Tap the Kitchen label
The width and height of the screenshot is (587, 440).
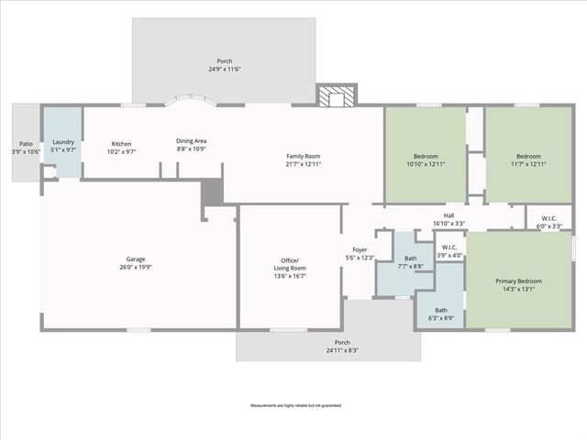(122, 143)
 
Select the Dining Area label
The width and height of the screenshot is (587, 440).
(191, 141)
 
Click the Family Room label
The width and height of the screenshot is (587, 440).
(303, 156)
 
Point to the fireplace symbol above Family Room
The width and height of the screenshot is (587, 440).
(337, 95)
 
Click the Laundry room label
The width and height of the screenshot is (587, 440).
(62, 141)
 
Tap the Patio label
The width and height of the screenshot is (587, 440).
(26, 144)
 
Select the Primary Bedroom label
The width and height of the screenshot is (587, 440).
(518, 280)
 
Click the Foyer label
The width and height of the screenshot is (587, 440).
(360, 249)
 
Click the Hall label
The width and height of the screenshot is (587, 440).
(449, 216)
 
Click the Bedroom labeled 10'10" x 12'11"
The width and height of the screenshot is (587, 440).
(425, 156)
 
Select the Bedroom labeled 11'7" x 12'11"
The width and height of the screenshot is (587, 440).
(528, 156)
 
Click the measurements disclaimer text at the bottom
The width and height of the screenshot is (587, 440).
(293, 404)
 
